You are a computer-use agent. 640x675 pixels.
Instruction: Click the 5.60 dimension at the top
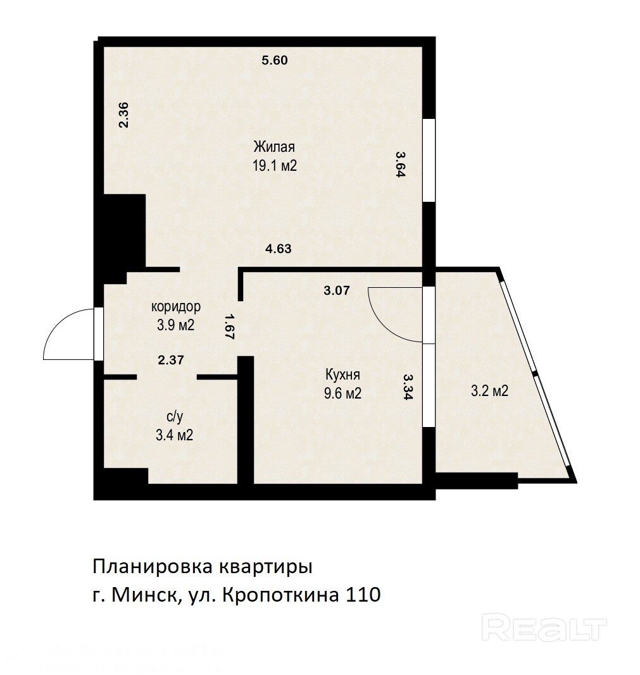click(275, 60)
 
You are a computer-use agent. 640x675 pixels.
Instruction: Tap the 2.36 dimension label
click(123, 115)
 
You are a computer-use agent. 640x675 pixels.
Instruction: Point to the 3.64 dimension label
click(401, 164)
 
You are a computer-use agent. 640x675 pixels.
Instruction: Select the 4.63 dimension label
click(279, 249)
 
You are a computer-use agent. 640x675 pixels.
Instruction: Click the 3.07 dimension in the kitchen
click(337, 290)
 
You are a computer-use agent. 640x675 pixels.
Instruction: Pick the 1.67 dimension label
click(229, 326)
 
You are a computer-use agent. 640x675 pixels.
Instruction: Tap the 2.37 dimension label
click(171, 360)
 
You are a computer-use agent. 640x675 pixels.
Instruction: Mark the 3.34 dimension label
click(408, 387)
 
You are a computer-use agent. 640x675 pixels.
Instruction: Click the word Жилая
click(274, 147)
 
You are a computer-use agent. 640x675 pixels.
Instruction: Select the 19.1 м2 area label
click(275, 166)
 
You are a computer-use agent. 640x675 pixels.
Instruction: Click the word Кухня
click(342, 375)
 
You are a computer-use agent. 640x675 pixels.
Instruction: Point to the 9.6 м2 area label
click(343, 393)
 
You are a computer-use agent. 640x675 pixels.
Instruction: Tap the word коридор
click(176, 307)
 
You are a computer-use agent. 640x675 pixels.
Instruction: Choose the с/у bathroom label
click(175, 417)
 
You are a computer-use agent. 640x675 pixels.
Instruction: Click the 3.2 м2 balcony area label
click(490, 391)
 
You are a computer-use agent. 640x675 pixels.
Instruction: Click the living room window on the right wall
click(429, 160)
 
